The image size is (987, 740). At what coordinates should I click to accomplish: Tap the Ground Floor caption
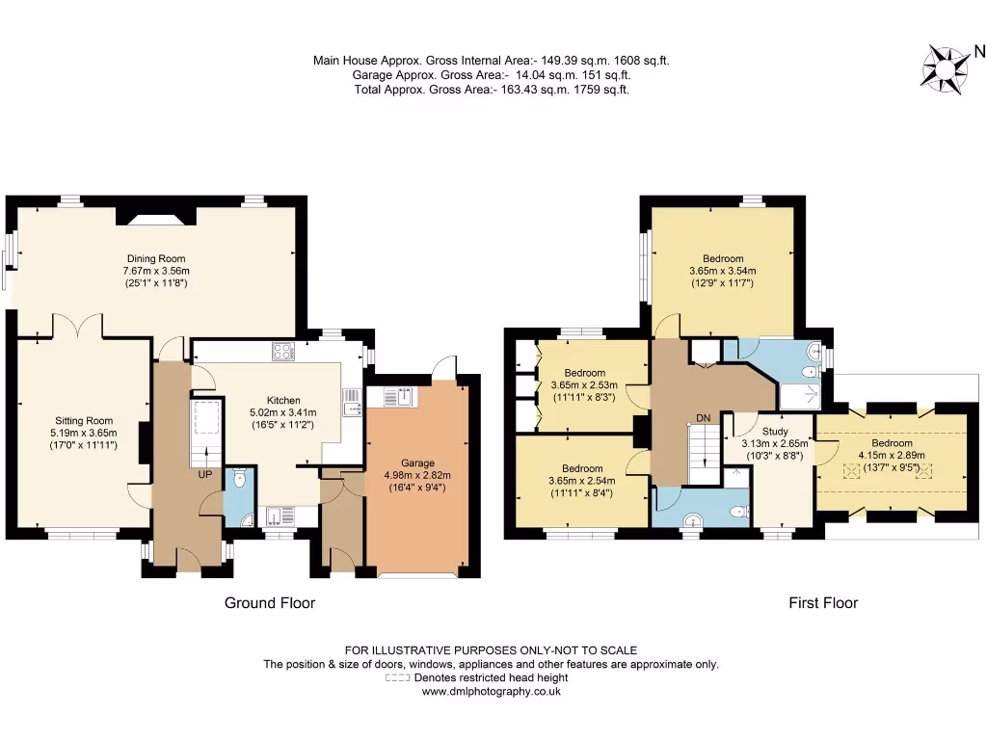(270, 603)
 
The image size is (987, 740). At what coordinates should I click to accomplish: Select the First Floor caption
(823, 603)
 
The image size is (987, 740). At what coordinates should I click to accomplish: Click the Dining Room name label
(156, 258)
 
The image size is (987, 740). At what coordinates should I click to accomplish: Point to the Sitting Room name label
(83, 420)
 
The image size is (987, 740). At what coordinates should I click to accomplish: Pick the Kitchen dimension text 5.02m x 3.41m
(283, 412)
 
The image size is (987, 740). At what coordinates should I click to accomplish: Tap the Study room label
(775, 432)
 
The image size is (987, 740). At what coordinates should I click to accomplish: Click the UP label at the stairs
(205, 475)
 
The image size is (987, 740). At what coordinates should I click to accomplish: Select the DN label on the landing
(705, 418)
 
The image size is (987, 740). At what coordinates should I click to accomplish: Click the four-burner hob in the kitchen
(282, 352)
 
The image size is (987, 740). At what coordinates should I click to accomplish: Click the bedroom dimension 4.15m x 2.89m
(892, 456)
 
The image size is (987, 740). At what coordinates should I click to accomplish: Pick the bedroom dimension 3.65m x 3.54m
(723, 271)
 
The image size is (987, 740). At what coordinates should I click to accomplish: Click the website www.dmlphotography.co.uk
(492, 692)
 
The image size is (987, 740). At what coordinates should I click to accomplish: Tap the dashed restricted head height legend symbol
(397, 678)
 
